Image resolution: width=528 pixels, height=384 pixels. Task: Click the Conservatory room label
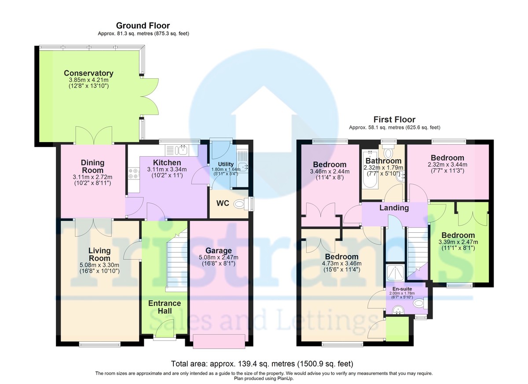coord(88,73)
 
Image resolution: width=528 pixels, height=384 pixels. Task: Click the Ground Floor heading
coord(143,26)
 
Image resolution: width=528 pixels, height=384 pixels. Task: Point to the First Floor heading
coord(394,120)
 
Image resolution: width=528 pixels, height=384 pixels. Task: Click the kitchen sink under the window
coord(181,150)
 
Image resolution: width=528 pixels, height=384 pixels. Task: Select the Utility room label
coord(226,164)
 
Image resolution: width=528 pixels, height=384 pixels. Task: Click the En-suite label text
coord(400,289)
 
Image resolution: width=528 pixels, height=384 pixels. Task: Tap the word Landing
coord(394,208)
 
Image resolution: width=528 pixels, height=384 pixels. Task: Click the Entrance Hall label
coord(164,307)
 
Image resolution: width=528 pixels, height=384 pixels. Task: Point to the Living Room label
coord(99,254)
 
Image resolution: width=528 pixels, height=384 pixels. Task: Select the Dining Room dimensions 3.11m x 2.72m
coord(92,177)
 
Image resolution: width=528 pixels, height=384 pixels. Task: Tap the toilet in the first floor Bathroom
coord(388,153)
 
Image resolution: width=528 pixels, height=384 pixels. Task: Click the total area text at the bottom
coord(262,364)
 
